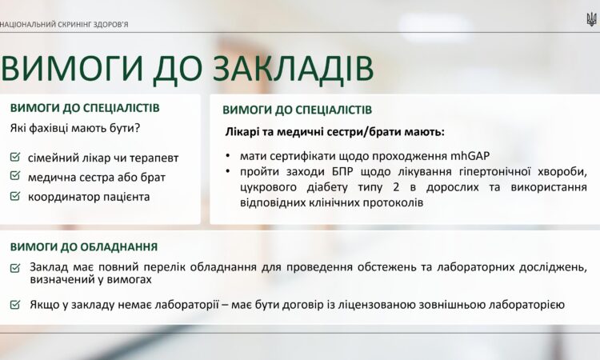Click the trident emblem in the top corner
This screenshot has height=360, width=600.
(x=591, y=20)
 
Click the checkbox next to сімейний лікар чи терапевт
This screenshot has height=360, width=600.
(x=15, y=158)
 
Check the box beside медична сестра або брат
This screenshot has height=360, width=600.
(x=15, y=176)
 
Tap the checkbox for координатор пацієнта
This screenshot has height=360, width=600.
(x=15, y=195)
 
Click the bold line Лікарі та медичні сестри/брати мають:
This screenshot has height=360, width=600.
(x=333, y=131)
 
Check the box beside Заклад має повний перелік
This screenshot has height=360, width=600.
(x=15, y=268)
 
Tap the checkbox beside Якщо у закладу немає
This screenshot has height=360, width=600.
(x=15, y=305)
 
